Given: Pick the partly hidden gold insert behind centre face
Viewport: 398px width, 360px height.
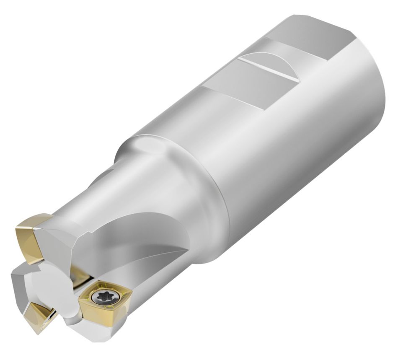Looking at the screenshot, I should [82, 277].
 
